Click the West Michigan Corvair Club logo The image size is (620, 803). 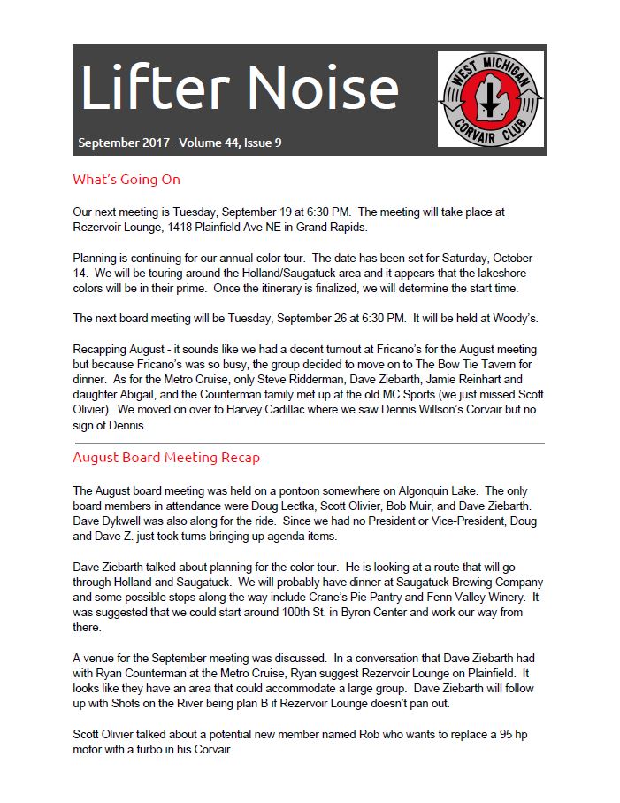pos(490,98)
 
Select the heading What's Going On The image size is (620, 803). pos(126,180)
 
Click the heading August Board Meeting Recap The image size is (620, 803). pos(166,458)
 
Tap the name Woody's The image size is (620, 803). pos(516,318)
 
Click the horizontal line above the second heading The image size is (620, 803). pos(309,443)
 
